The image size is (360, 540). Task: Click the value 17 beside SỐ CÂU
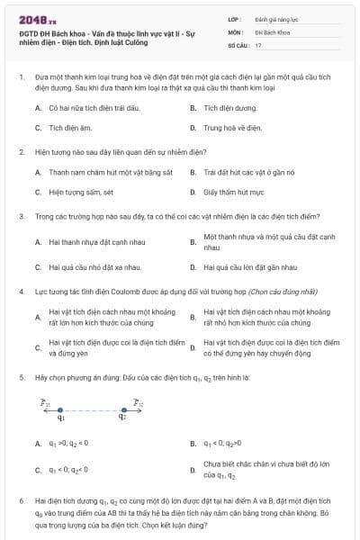(258, 44)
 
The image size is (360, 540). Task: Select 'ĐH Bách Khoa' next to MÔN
(267, 31)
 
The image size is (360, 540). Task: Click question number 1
(21, 79)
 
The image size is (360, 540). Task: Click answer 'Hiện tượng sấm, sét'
(81, 192)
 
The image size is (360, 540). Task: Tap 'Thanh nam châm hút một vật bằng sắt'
(97, 171)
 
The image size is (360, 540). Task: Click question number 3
(21, 216)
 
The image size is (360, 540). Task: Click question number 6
(21, 498)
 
